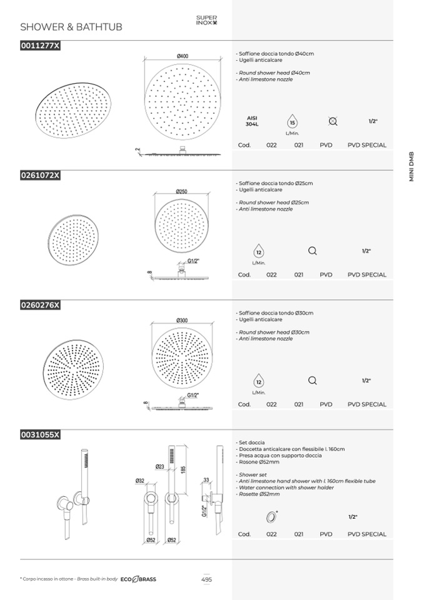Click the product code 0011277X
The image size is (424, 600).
[40, 46]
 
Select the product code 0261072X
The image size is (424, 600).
[40, 175]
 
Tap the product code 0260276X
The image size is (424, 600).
[40, 305]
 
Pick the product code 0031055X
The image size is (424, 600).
[40, 435]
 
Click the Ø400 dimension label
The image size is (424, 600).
[183, 56]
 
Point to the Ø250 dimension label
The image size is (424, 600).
[181, 191]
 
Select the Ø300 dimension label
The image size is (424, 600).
[182, 320]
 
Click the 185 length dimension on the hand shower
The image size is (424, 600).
[183, 469]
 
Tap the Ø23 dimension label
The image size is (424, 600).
[160, 467]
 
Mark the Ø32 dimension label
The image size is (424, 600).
[140, 481]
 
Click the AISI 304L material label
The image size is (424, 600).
[252, 121]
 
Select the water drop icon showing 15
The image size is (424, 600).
[292, 121]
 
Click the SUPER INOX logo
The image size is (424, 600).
[206, 20]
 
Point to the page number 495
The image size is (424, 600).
[206, 579]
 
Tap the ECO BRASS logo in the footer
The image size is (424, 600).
[138, 579]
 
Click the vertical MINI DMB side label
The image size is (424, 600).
[411, 167]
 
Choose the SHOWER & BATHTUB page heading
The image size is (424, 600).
[71, 27]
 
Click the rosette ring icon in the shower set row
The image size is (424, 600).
[271, 517]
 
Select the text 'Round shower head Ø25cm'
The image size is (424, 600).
[273, 203]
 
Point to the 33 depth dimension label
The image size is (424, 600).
[206, 480]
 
